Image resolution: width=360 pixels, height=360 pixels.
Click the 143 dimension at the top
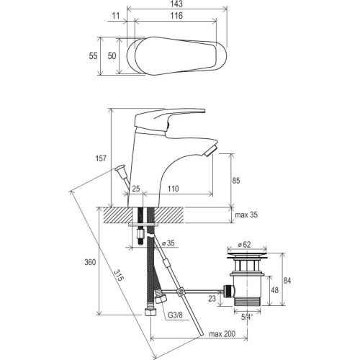click(176, 4)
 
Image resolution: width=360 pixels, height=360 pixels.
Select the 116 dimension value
click(176, 16)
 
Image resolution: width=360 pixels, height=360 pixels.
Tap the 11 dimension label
click(116, 16)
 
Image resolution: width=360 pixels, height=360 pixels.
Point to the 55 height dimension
click(93, 56)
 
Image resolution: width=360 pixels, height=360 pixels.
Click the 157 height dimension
click(101, 158)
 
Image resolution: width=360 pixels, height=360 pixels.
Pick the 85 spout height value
click(236, 181)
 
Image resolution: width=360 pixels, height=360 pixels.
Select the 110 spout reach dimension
click(173, 189)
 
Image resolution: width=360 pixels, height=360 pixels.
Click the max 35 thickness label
click(246, 215)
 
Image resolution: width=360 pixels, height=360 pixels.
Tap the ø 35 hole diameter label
click(168, 243)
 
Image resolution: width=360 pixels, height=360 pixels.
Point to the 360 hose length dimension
click(90, 262)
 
